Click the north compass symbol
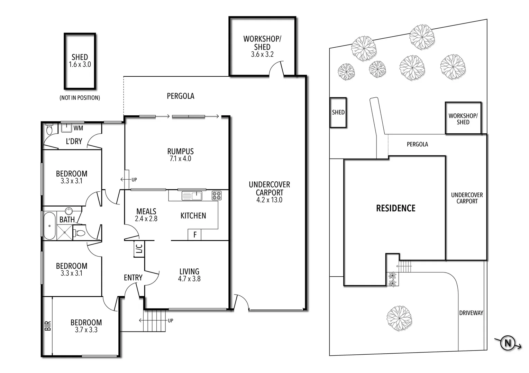click(508, 343)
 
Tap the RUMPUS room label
click(180, 151)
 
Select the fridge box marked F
click(195, 235)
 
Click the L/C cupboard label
click(139, 249)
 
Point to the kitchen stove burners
click(217, 196)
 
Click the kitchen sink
click(192, 196)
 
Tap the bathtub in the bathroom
click(49, 226)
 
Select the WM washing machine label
click(78, 128)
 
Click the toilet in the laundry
click(49, 130)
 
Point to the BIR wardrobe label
click(48, 326)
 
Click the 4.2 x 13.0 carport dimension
click(269, 200)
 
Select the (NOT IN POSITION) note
click(80, 98)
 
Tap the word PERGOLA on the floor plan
click(180, 96)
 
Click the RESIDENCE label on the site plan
click(396, 208)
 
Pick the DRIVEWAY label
click(471, 313)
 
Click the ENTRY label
click(133, 278)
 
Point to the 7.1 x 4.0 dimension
click(180, 159)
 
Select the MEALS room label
click(146, 211)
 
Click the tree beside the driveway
click(399, 317)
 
